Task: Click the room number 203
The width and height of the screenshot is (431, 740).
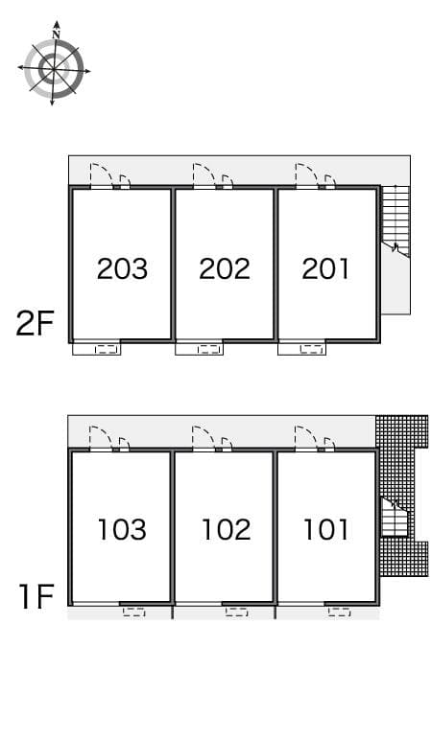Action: [x=122, y=268]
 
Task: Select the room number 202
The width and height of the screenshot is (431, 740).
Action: [x=225, y=268]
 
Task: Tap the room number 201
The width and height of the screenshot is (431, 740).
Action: [x=325, y=268]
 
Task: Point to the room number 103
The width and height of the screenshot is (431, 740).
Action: [x=122, y=528]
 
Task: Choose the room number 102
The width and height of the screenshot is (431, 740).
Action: [x=226, y=528]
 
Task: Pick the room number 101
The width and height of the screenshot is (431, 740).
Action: [x=325, y=528]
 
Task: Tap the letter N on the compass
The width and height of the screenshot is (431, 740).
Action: [x=56, y=35]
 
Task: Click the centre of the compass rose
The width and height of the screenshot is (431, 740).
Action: [x=54, y=69]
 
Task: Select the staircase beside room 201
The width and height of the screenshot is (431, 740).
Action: [x=395, y=220]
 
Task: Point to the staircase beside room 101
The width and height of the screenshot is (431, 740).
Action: [x=395, y=520]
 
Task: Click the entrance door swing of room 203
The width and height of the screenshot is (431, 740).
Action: [x=101, y=174]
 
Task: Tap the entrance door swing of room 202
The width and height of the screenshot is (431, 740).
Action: [x=204, y=174]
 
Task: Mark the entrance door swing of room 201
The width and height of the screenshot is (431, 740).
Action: [x=306, y=174]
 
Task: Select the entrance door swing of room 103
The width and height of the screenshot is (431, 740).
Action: [x=101, y=436]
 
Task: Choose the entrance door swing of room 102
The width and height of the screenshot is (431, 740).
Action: [x=204, y=436]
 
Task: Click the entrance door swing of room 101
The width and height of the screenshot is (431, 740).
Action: [x=306, y=436]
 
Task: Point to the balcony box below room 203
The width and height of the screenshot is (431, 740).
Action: [x=97, y=349]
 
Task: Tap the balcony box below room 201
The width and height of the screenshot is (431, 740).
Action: [x=302, y=349]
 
